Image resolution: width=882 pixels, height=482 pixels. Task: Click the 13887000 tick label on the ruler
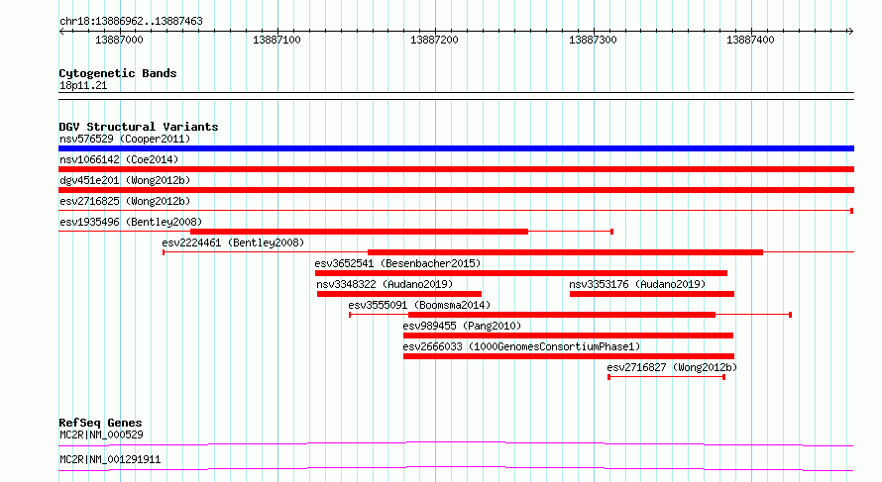pyautogui.click(x=119, y=40)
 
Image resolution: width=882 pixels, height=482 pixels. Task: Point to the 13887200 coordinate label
pyautogui.click(x=434, y=40)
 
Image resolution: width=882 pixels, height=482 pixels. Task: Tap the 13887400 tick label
pyautogui.click(x=750, y=40)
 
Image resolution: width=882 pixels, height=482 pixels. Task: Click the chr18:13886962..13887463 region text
pyautogui.click(x=131, y=22)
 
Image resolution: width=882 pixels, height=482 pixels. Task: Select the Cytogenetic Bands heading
pyautogui.click(x=118, y=73)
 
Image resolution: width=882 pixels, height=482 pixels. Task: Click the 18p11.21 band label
pyautogui.click(x=83, y=86)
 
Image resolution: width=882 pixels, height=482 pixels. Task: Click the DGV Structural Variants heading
pyautogui.click(x=139, y=127)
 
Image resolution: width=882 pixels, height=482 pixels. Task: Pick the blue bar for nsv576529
pyautogui.click(x=456, y=148)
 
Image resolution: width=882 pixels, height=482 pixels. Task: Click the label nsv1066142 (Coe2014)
pyautogui.click(x=119, y=159)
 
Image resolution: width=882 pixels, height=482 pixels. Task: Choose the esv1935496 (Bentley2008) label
pyautogui.click(x=131, y=222)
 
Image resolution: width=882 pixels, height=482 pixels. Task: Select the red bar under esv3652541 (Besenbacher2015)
pyautogui.click(x=521, y=273)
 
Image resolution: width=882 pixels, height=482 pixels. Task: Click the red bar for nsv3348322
pyautogui.click(x=399, y=294)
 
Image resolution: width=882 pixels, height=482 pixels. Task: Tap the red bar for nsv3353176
pyautogui.click(x=652, y=294)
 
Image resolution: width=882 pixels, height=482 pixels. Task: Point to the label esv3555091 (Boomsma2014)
pyautogui.click(x=419, y=305)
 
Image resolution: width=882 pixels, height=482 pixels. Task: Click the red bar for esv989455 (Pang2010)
pyautogui.click(x=568, y=336)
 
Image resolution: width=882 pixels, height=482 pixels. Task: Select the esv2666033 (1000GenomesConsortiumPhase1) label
pyautogui.click(x=521, y=346)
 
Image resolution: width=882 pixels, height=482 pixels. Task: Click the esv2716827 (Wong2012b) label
pyautogui.click(x=672, y=367)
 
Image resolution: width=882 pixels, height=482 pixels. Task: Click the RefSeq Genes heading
pyautogui.click(x=101, y=423)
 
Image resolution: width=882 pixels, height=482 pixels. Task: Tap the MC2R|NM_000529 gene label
pyautogui.click(x=101, y=434)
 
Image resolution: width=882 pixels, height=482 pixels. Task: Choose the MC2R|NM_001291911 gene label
pyautogui.click(x=110, y=459)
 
